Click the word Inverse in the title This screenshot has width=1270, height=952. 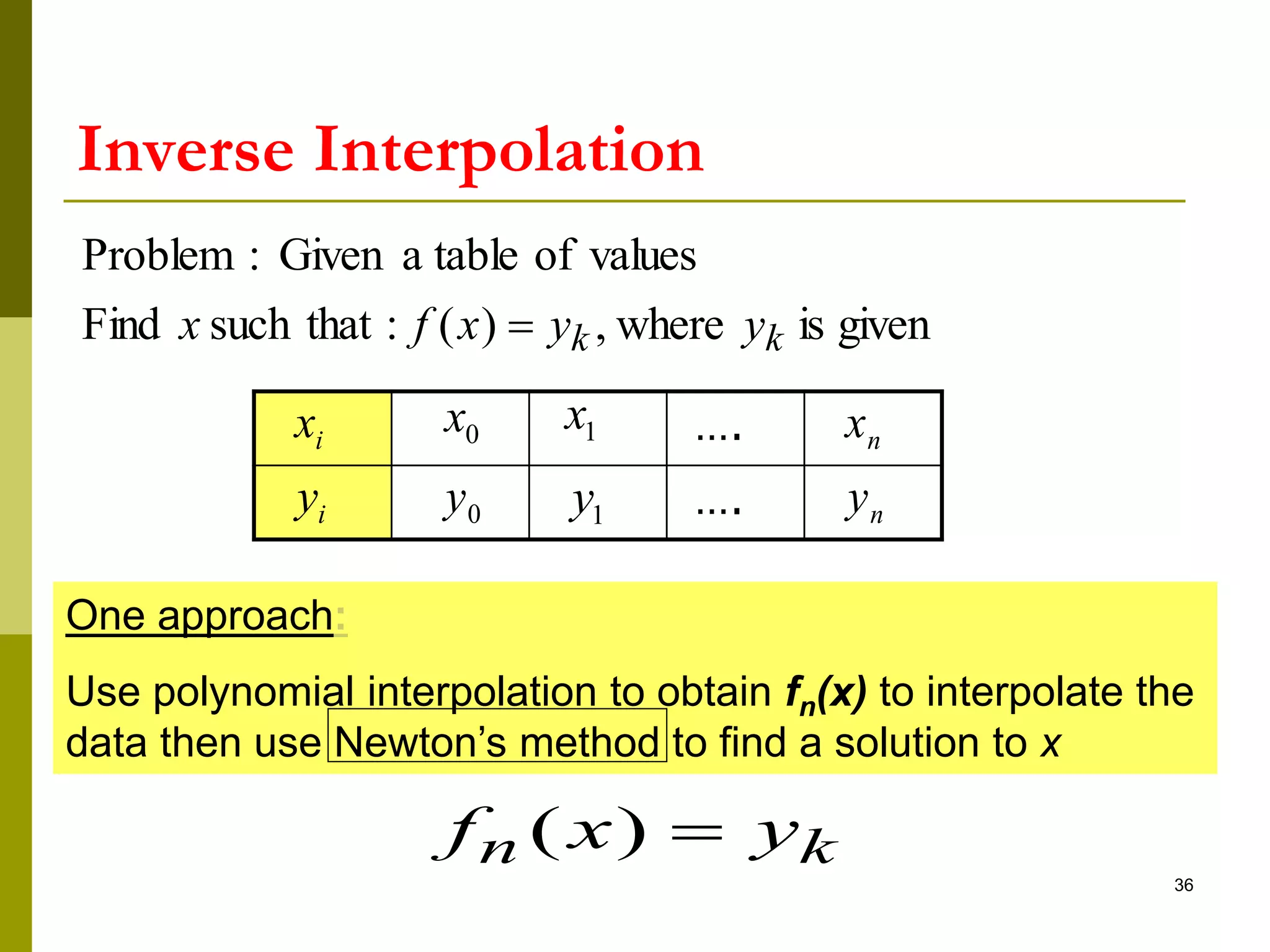185,150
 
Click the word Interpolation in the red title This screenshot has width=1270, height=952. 508,150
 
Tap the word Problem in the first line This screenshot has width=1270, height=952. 158,255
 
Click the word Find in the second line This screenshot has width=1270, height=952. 121,324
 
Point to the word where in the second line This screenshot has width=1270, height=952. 670,324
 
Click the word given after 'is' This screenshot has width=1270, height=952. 884,325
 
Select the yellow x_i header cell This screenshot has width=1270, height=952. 323,428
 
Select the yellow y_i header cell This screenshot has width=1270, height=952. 323,503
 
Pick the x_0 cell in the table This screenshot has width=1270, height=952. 461,428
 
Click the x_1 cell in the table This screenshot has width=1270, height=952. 598,428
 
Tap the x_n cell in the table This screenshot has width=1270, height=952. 873,428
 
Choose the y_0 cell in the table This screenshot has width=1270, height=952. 461,503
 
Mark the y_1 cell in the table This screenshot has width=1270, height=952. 598,503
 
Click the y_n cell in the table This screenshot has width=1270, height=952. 873,503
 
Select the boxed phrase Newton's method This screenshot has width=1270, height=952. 497,742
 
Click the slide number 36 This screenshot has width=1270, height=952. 1183,885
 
